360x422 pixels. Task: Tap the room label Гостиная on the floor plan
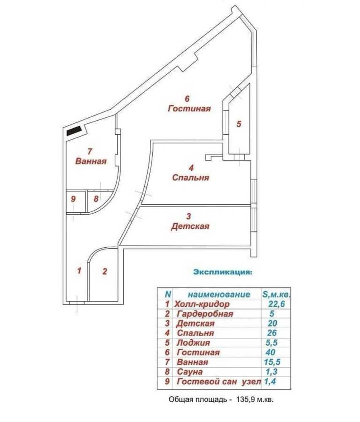pos(189,109)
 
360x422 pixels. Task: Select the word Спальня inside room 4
pos(191,178)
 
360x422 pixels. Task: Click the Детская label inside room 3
pos(190,226)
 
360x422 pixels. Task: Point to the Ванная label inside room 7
pos(91,161)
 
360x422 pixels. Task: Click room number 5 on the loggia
pos(238,124)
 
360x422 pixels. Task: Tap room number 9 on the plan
pos(73,199)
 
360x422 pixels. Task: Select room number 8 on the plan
pos(96,199)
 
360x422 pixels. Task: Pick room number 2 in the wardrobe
pos(105,271)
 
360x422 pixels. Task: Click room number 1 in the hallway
pos(79,271)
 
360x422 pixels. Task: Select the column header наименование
pos(219,295)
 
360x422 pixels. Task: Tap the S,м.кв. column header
pos(276,295)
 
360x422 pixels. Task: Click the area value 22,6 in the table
pos(276,304)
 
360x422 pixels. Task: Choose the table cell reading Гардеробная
pos(205,314)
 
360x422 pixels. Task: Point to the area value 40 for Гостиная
pos(271,352)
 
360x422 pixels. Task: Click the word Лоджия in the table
pos(193,343)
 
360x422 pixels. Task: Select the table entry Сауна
pos(189,372)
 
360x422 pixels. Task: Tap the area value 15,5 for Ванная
pos(272,362)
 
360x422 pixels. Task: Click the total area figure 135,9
pos(245,400)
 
